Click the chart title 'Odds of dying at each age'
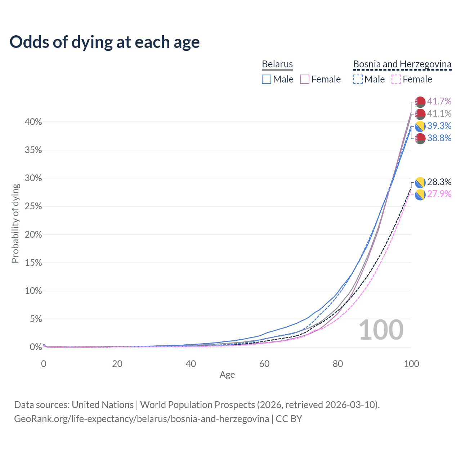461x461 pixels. (104, 42)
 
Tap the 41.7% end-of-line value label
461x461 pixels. (439, 101)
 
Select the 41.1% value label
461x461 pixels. (439, 113)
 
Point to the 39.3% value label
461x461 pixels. (439, 126)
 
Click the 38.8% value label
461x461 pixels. (439, 138)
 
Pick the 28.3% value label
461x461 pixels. (439, 182)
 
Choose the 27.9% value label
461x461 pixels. (439, 194)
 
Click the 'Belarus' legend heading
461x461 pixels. (277, 64)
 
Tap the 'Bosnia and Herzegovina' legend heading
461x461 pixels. (402, 64)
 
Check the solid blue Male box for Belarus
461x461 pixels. (267, 79)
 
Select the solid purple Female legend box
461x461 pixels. (305, 79)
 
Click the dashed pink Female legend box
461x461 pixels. (396, 79)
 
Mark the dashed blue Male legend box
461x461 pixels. (358, 79)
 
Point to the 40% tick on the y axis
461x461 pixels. (33, 122)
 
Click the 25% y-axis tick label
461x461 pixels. (33, 206)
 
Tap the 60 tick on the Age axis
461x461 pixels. (264, 364)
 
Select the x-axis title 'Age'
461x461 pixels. (227, 375)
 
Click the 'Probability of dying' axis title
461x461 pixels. (15, 223)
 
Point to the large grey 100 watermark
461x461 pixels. (381, 330)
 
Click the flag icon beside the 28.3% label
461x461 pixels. (420, 183)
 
